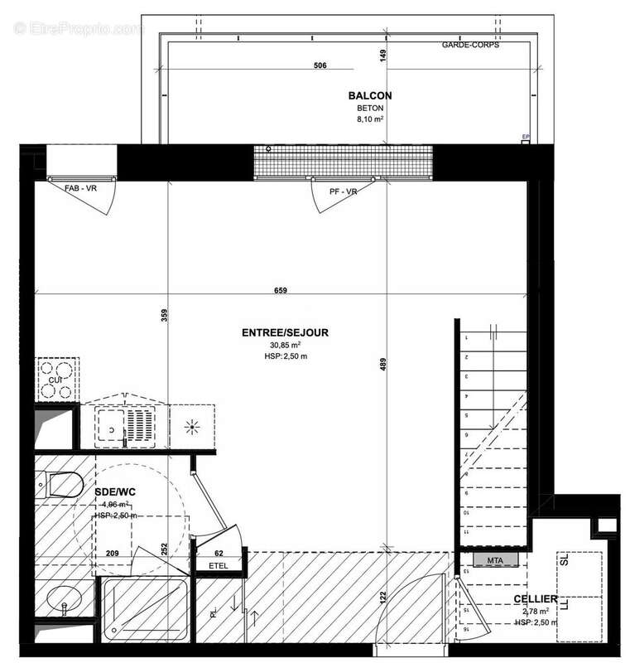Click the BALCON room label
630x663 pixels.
(370, 96)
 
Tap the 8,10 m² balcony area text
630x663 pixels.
(370, 119)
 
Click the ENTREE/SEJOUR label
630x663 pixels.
(285, 332)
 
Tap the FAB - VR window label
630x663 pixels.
(83, 191)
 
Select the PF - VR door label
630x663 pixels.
(343, 191)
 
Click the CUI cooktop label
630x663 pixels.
(55, 380)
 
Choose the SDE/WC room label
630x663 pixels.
(117, 491)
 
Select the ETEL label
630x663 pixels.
(219, 568)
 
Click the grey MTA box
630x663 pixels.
(494, 561)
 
